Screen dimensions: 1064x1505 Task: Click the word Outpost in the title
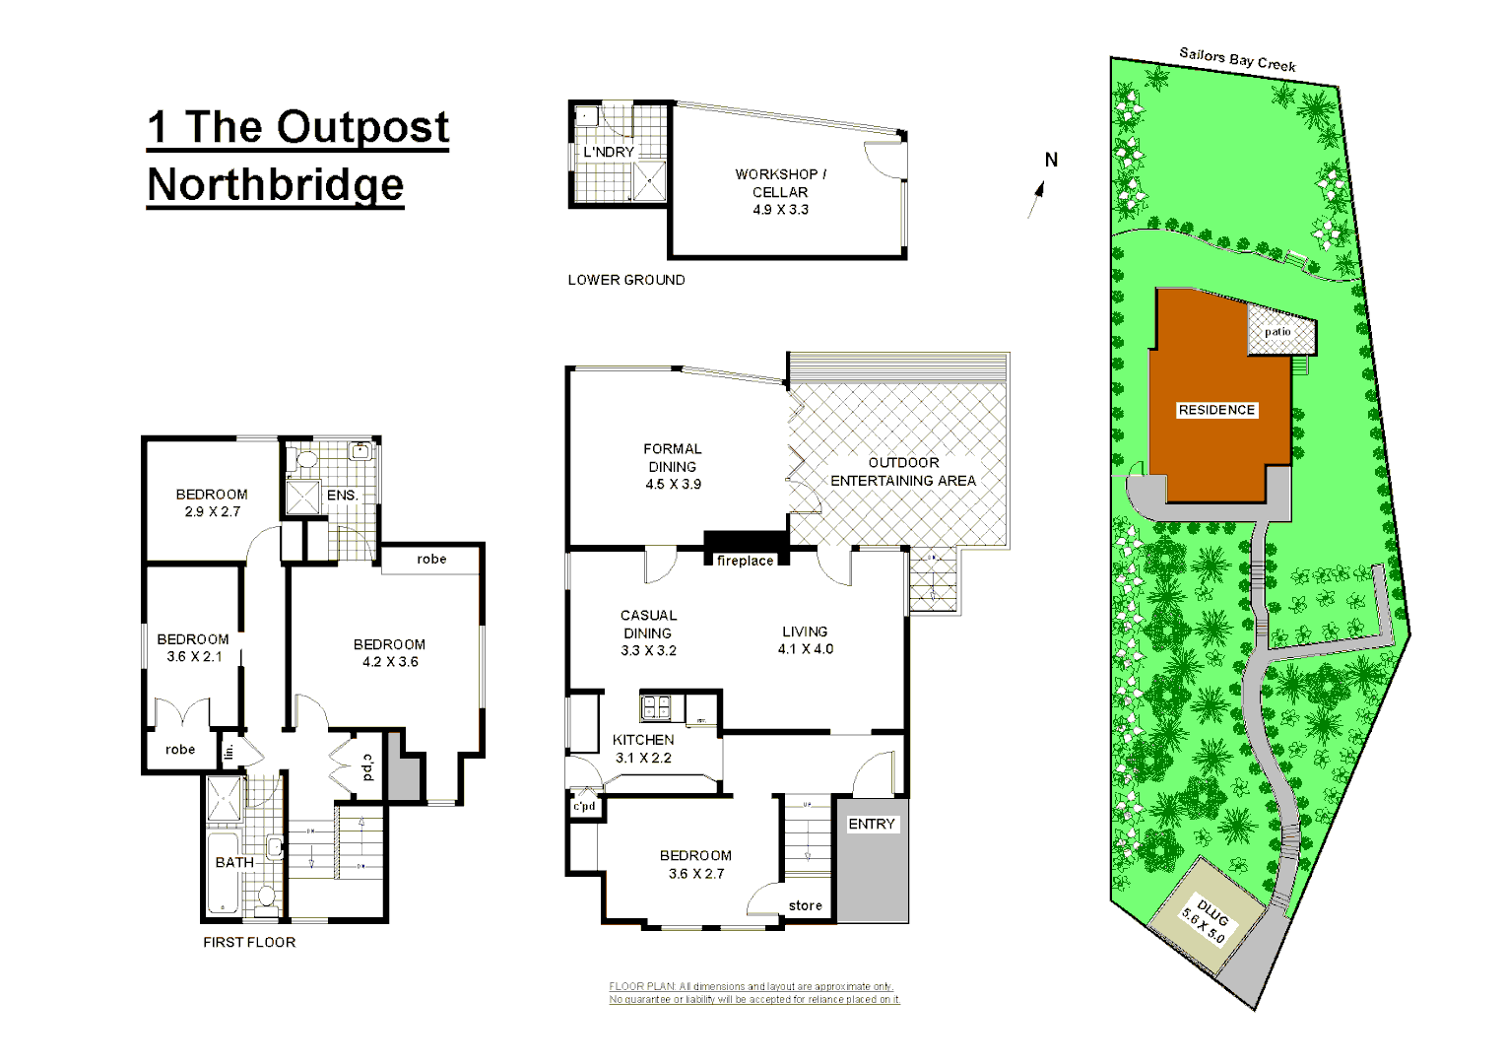tap(362, 128)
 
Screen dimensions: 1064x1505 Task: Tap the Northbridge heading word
tap(276, 185)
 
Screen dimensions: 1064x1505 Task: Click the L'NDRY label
tap(609, 152)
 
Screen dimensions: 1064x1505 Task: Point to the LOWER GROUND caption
tap(626, 280)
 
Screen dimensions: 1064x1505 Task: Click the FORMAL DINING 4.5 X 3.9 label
tap(673, 466)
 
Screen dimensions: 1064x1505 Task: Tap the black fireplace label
tap(745, 561)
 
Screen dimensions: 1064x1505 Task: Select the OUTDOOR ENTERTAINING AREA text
tap(903, 471)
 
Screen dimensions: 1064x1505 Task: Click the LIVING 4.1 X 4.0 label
tap(805, 639)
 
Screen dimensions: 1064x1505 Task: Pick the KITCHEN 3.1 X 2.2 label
tap(643, 749)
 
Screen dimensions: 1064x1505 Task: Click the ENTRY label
tap(872, 824)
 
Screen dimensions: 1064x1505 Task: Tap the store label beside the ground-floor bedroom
tap(805, 905)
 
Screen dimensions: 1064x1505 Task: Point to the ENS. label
tap(342, 495)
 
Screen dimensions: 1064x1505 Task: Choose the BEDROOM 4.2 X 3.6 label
tap(390, 652)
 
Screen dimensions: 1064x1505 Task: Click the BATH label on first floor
tap(234, 862)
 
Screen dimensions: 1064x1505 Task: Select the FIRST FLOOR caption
tap(249, 942)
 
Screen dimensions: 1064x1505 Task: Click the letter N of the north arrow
tap(1051, 160)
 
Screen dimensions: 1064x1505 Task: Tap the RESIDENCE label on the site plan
tap(1216, 410)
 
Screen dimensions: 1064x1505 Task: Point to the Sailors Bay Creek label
tap(1237, 59)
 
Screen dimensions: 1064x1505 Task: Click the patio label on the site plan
tap(1277, 332)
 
